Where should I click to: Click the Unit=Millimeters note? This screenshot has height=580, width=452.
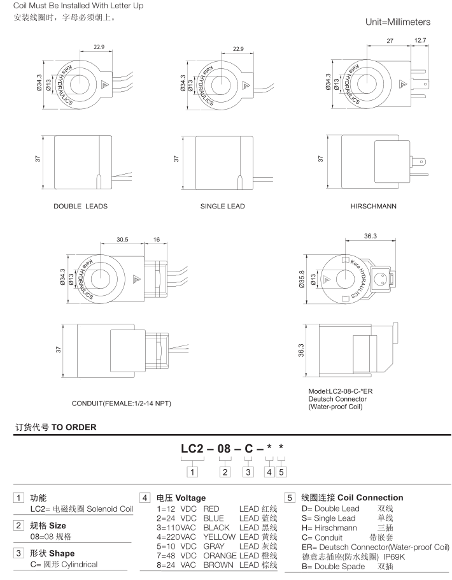coord(397,22)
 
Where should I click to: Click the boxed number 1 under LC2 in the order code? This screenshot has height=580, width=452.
coord(192,472)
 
